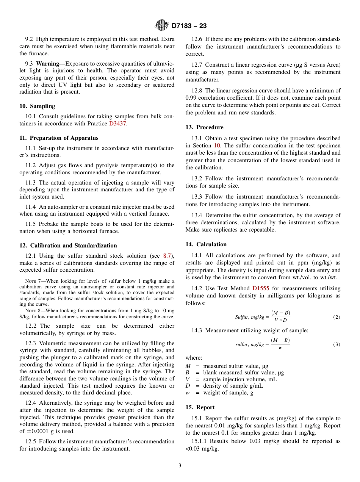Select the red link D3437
(x=117, y=124)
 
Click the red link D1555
(x=261, y=288)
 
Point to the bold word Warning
(x=47, y=63)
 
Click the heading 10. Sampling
(x=37, y=106)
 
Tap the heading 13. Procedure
(x=204, y=127)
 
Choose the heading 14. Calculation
(x=206, y=244)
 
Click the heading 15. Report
(x=200, y=407)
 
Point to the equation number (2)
(x=337, y=317)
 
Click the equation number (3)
(x=337, y=344)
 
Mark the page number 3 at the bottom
(x=180, y=466)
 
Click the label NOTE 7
(x=33, y=281)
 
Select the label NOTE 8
(x=33, y=310)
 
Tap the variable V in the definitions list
(x=188, y=379)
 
